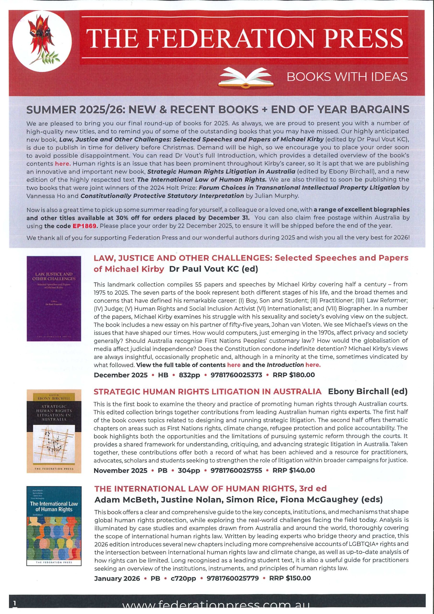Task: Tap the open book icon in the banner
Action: coord(247,77)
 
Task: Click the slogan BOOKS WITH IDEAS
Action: coord(347,77)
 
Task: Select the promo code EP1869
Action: coord(84,225)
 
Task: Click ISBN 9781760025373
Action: coord(236,375)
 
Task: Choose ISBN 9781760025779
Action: coord(233,578)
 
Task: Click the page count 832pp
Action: coord(189,375)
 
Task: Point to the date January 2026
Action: coord(117,578)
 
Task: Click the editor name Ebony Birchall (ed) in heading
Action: coord(367,391)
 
